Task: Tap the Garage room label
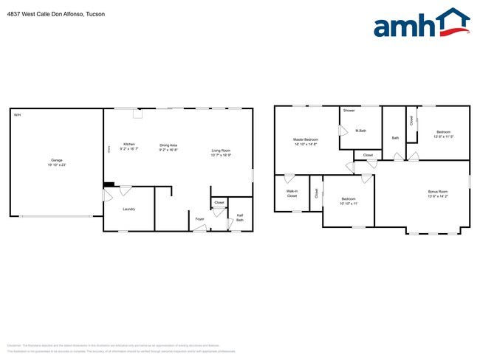pos(56,160)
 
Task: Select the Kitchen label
pos(129,144)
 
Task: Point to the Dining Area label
pos(168,144)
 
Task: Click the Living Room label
pos(221,150)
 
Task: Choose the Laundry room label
pos(128,209)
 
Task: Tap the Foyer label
pos(199,219)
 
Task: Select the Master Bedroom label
pos(305,139)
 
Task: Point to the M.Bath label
pos(361,131)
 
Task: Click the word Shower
pos(349,111)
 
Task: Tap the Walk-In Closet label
pos(292,194)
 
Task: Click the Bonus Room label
pos(438,192)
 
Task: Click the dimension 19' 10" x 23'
pos(56,165)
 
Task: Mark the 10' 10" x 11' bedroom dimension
pos(349,204)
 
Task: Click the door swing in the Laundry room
pos(126,190)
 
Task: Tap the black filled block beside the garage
pos(109,184)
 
